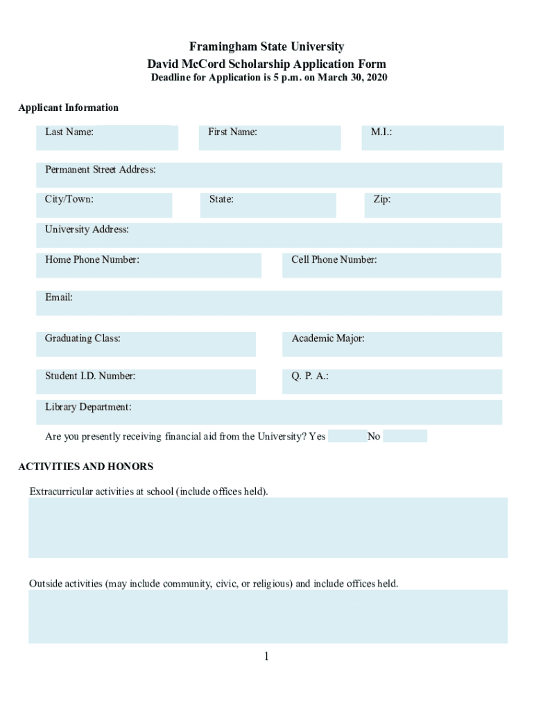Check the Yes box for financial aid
click(346, 436)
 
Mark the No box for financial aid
click(404, 436)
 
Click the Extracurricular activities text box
click(268, 528)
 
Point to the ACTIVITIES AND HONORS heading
click(85, 467)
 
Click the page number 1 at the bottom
click(266, 657)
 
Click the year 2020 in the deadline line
click(374, 78)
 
